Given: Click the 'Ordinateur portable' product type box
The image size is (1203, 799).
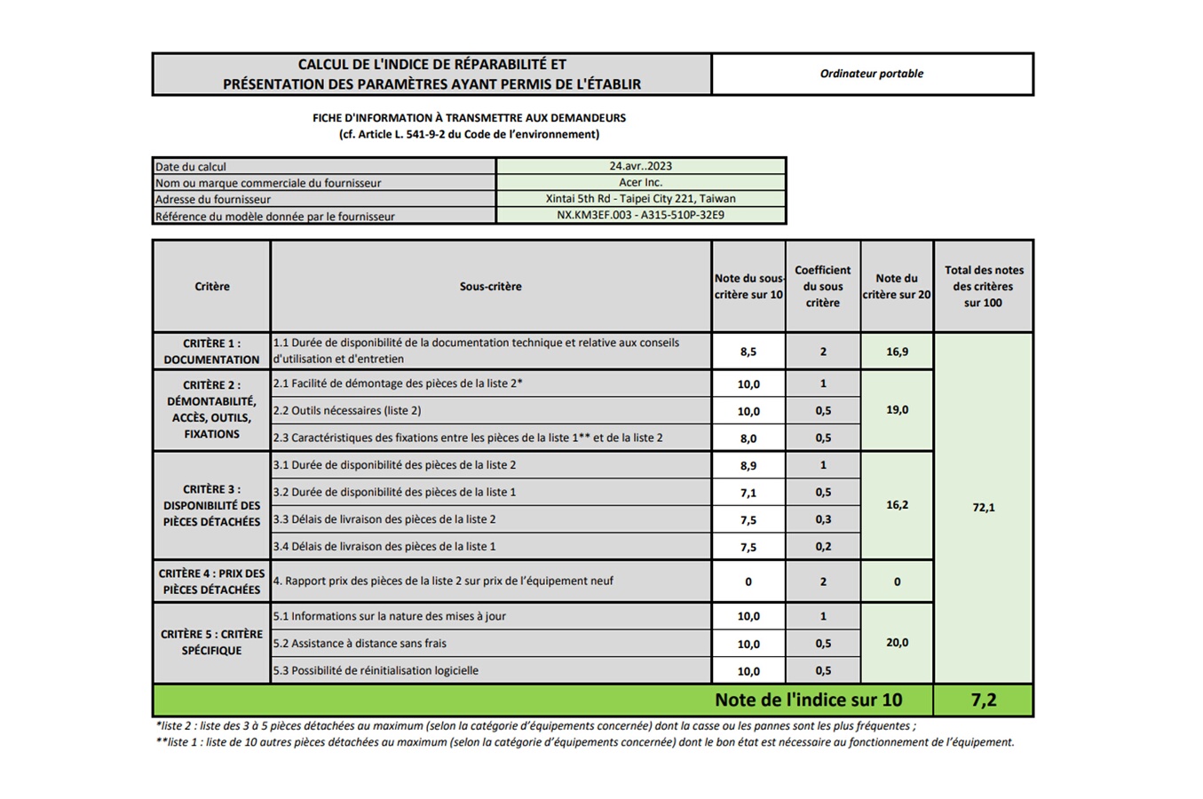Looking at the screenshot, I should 872,74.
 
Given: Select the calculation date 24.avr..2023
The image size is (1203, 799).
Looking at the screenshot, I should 640,166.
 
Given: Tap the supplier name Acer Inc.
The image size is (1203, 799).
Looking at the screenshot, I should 640,182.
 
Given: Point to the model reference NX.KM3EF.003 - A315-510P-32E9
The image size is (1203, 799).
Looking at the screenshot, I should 640,215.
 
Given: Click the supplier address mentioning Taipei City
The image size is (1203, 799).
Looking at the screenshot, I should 640,199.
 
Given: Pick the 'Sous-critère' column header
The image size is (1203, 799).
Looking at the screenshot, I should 490,287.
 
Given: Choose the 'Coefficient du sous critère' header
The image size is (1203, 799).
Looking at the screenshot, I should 822,287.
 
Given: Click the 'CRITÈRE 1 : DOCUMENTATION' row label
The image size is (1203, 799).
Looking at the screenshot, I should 211,352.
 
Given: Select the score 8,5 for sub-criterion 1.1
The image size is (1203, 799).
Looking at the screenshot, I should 748,352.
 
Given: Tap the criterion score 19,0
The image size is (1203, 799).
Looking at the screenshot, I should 897,410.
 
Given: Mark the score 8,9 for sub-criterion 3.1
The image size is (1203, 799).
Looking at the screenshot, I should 748,465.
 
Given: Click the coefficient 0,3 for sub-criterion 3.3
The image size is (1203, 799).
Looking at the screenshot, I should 823,519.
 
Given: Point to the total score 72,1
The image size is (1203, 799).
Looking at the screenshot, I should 984,508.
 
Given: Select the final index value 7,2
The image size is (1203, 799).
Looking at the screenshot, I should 984,700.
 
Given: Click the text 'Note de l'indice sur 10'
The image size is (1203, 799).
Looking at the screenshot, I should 808,700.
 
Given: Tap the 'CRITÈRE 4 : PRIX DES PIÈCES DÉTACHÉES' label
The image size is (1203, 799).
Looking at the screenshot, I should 211,581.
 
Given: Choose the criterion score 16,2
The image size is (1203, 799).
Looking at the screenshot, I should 897,505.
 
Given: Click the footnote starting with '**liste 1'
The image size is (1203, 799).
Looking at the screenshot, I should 584,742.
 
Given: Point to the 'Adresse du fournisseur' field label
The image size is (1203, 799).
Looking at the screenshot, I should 213,200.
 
